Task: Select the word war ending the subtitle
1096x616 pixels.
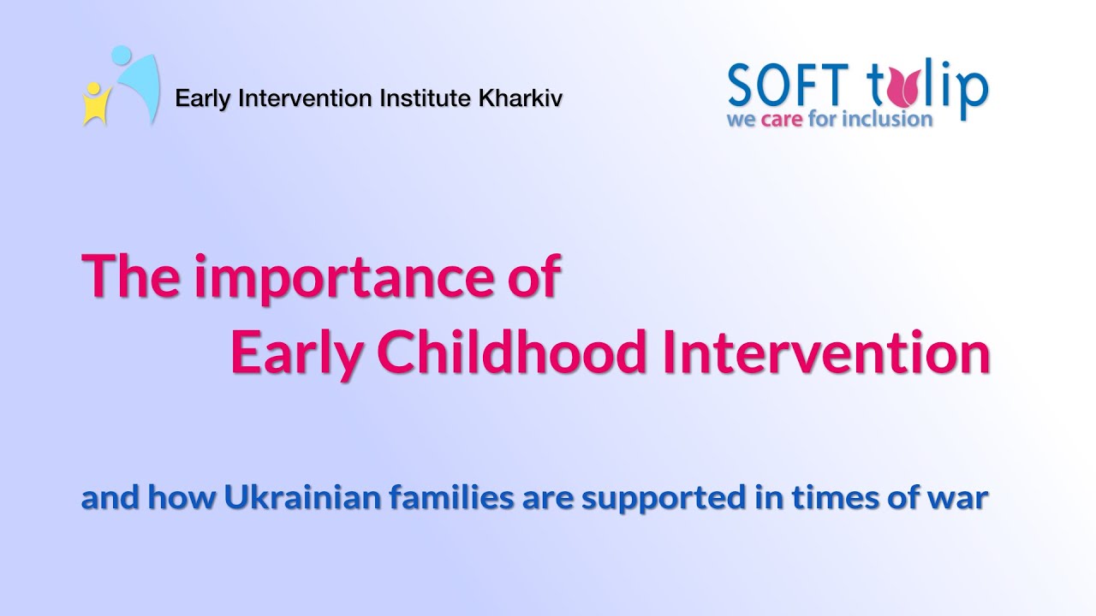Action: pyautogui.click(x=966, y=499)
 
